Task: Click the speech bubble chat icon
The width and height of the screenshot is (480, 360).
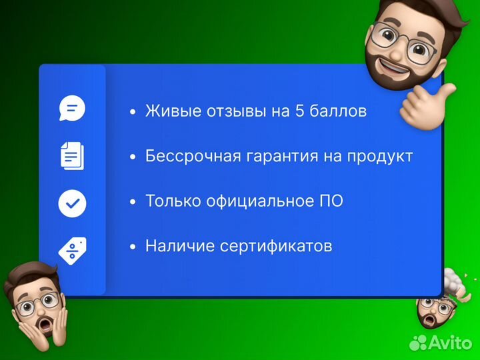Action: coord(72,108)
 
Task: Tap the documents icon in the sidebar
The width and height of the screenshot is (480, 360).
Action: coord(72,155)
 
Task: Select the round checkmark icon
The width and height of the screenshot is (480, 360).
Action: coord(72,203)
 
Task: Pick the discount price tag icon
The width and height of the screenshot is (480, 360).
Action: coord(72,249)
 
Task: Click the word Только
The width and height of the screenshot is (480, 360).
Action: coord(173,201)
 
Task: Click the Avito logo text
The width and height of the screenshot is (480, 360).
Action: coord(449,342)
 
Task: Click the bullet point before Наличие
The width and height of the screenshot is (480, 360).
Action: coord(133,247)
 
